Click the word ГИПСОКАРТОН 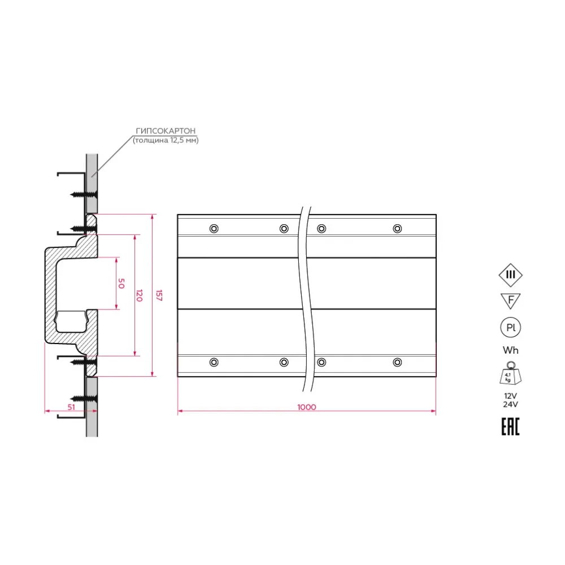pyautogui.click(x=166, y=131)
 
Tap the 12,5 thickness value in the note pyautogui.click(x=176, y=140)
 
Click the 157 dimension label pyautogui.click(x=159, y=295)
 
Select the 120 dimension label pyautogui.click(x=140, y=295)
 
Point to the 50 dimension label pyautogui.click(x=121, y=283)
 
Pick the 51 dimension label pyautogui.click(x=71, y=407)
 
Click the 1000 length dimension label pyautogui.click(x=307, y=407)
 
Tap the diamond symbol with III pyautogui.click(x=511, y=275)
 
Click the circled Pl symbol pyautogui.click(x=511, y=328)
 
